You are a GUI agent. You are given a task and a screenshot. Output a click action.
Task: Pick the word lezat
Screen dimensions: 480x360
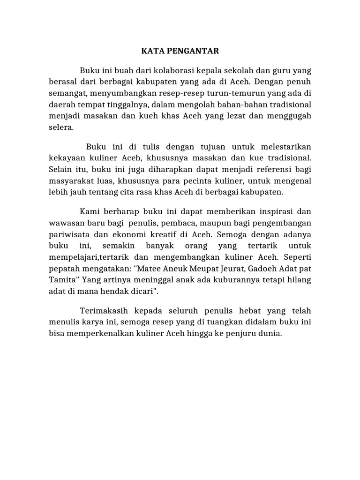coord(246,115)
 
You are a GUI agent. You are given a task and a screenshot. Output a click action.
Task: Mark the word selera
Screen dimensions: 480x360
coord(61,127)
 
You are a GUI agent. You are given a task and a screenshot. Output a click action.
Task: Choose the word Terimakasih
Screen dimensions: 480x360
coord(104,311)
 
